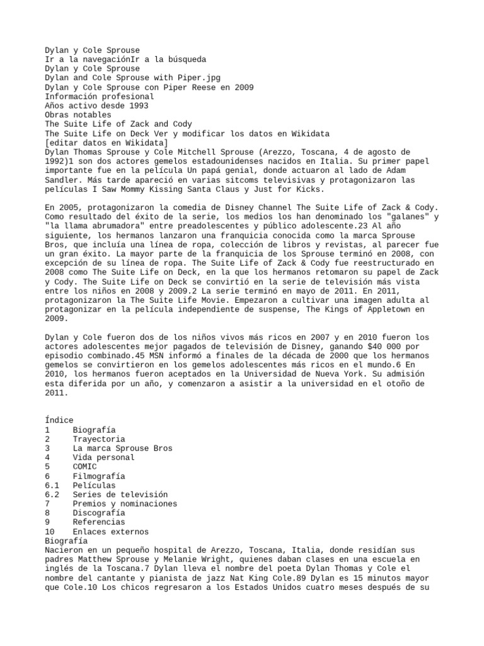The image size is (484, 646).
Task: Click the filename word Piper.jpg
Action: (197, 78)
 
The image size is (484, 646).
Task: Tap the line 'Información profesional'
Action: (100, 97)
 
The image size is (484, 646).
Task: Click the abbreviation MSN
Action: (142, 356)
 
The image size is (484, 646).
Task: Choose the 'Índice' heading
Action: (59, 420)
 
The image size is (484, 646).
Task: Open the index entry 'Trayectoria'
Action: (99, 439)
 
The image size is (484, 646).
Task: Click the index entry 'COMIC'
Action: (85, 467)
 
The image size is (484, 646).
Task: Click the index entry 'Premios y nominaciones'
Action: (124, 504)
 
